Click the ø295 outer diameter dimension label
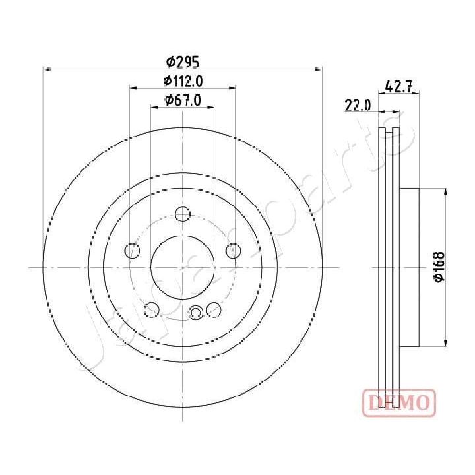tap(182, 62)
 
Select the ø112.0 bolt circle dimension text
tap(182, 81)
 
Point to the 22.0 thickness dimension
tap(358, 104)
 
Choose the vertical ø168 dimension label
tap(439, 267)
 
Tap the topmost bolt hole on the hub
tap(183, 214)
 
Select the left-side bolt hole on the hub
tap(133, 251)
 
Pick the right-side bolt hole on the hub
tap(233, 251)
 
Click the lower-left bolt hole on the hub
tap(152, 309)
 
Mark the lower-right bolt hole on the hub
tap(214, 309)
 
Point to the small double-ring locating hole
tap(195, 313)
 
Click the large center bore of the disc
tap(183, 267)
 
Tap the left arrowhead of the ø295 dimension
tap(46, 68)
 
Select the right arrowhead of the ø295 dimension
tap(319, 68)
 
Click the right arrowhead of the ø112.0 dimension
tap(233, 87)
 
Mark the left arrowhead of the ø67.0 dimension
tap(154, 106)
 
